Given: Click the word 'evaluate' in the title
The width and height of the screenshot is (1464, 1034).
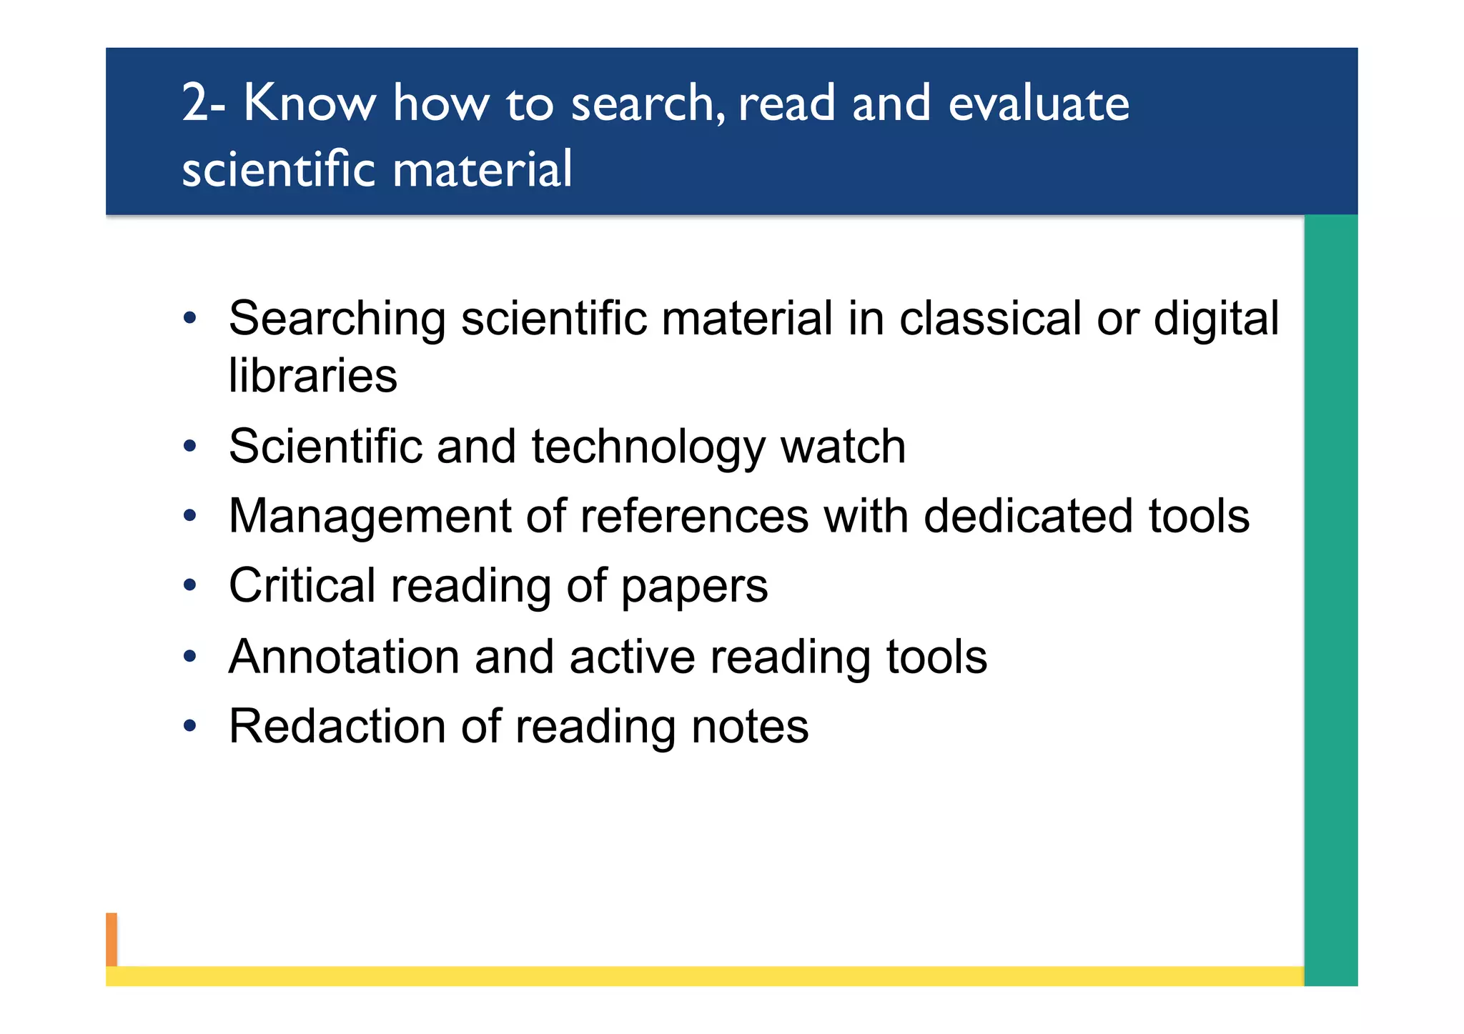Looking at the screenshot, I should click(1038, 104).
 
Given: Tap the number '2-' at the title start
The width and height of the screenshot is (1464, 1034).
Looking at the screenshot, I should click(204, 104).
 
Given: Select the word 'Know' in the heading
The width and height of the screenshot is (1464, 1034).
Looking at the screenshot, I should click(309, 104).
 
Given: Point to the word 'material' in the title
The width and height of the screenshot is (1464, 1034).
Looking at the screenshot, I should click(482, 170).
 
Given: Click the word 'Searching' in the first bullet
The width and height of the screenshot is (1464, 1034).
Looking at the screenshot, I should click(337, 319).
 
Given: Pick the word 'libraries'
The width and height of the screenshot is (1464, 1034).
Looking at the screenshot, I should click(312, 376).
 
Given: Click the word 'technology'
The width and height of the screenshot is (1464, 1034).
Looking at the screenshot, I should click(648, 447).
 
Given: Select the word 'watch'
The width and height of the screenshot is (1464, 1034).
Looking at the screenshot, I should click(843, 447).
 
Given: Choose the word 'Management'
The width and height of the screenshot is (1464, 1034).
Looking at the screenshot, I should click(370, 516).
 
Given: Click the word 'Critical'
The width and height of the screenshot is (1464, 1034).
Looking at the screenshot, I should click(302, 586).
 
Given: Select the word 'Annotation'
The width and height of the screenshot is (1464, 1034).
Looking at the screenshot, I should click(344, 657).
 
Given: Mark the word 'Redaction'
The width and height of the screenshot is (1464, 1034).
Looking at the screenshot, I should click(337, 727).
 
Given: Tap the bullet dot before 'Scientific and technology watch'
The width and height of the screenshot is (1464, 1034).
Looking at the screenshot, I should click(189, 447).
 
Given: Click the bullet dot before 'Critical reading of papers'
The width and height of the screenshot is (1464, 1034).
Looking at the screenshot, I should click(189, 586).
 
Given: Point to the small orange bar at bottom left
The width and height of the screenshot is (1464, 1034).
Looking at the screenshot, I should click(112, 939).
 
